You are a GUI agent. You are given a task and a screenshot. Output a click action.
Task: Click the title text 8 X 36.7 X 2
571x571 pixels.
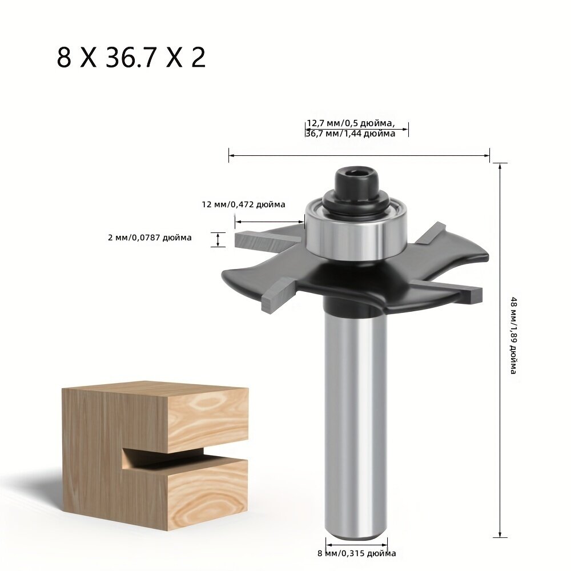coord(131,58)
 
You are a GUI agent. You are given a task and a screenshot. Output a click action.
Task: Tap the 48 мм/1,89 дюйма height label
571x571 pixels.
coord(513,335)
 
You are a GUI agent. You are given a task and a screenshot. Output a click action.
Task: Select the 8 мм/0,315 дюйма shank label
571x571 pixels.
coord(356,553)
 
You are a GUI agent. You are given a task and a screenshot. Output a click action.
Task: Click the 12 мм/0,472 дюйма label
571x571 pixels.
coord(243,204)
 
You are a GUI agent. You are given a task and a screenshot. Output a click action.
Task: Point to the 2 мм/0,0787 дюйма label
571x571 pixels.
coord(150,238)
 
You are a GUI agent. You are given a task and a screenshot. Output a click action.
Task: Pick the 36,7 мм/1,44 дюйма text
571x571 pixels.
coord(351,134)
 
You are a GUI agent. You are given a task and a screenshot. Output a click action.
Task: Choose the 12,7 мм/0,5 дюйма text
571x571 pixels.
coord(351,123)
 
